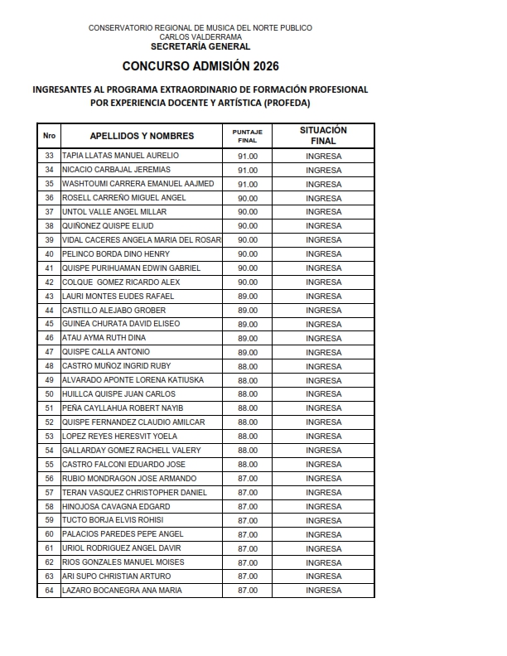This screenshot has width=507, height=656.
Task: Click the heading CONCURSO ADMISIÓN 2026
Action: [x=200, y=65]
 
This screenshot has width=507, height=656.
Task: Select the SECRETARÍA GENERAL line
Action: [x=200, y=46]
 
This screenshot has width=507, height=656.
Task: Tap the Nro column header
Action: [x=49, y=136]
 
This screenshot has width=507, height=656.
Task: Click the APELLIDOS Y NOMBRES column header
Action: [x=142, y=136]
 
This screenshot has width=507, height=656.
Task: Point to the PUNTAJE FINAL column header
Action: [x=248, y=136]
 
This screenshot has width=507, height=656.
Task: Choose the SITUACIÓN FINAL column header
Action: [x=323, y=136]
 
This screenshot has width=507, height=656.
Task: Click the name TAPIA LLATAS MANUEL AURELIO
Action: [x=120, y=156]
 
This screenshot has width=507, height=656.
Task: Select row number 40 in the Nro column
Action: [x=49, y=254]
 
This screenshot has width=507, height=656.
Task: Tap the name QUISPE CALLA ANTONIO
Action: [x=106, y=352]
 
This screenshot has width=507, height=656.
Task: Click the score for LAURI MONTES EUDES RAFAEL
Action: [x=248, y=296]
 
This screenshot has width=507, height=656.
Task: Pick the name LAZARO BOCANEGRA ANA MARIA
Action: [x=122, y=591]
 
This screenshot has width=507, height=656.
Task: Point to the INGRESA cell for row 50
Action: [x=323, y=394]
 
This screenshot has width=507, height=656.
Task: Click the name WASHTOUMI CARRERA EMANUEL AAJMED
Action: [x=138, y=184]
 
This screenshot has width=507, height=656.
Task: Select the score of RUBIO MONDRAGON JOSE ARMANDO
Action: [x=248, y=478]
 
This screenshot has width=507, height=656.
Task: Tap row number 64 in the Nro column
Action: [x=49, y=591]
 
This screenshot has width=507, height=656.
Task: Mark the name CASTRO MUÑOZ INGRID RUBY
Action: [x=117, y=366]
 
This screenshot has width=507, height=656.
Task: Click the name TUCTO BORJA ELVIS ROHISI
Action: [x=113, y=520]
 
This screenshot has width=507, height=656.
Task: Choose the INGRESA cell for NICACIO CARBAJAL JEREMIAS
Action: [x=323, y=170]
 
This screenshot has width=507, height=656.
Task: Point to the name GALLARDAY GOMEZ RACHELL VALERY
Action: [x=132, y=450]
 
